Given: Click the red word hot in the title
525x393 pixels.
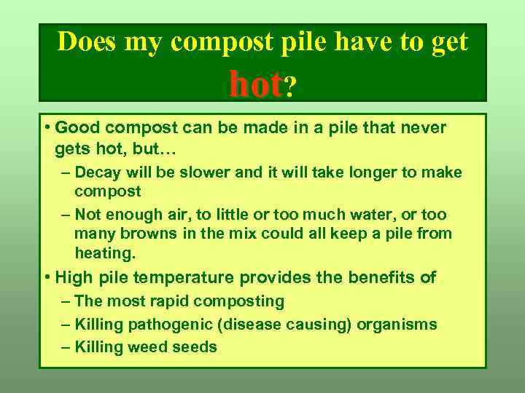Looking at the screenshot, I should [x=254, y=84].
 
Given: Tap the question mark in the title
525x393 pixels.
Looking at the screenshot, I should [x=290, y=87].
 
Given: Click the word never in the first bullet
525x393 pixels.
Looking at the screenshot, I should [x=423, y=127].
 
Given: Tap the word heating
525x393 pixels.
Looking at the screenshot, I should [x=105, y=253].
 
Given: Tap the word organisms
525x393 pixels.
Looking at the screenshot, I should [x=397, y=324].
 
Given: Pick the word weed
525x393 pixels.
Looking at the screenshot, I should [x=147, y=347].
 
